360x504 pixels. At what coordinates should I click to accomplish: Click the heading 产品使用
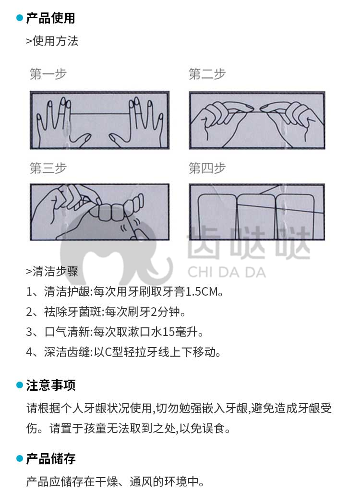50,18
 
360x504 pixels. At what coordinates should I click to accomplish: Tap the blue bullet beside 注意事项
20,385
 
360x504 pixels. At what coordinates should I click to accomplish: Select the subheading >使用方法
52,41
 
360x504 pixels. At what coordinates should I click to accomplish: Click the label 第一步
48,74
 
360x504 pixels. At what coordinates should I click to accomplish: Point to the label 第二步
207,74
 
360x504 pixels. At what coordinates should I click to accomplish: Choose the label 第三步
48,168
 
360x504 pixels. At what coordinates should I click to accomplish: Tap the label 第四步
207,168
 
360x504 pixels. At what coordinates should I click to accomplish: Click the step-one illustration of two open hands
100,120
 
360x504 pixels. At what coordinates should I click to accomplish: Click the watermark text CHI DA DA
227,273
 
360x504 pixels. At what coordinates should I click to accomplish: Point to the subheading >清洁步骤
52,271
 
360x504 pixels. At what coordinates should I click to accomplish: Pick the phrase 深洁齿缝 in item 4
67,352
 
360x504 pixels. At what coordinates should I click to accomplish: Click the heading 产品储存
51,459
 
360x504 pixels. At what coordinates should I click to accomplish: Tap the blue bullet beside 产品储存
20,459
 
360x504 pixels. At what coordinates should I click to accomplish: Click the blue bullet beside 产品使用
20,18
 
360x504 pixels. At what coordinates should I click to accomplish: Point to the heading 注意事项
51,385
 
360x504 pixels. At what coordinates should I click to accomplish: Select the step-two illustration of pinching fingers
257,120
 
